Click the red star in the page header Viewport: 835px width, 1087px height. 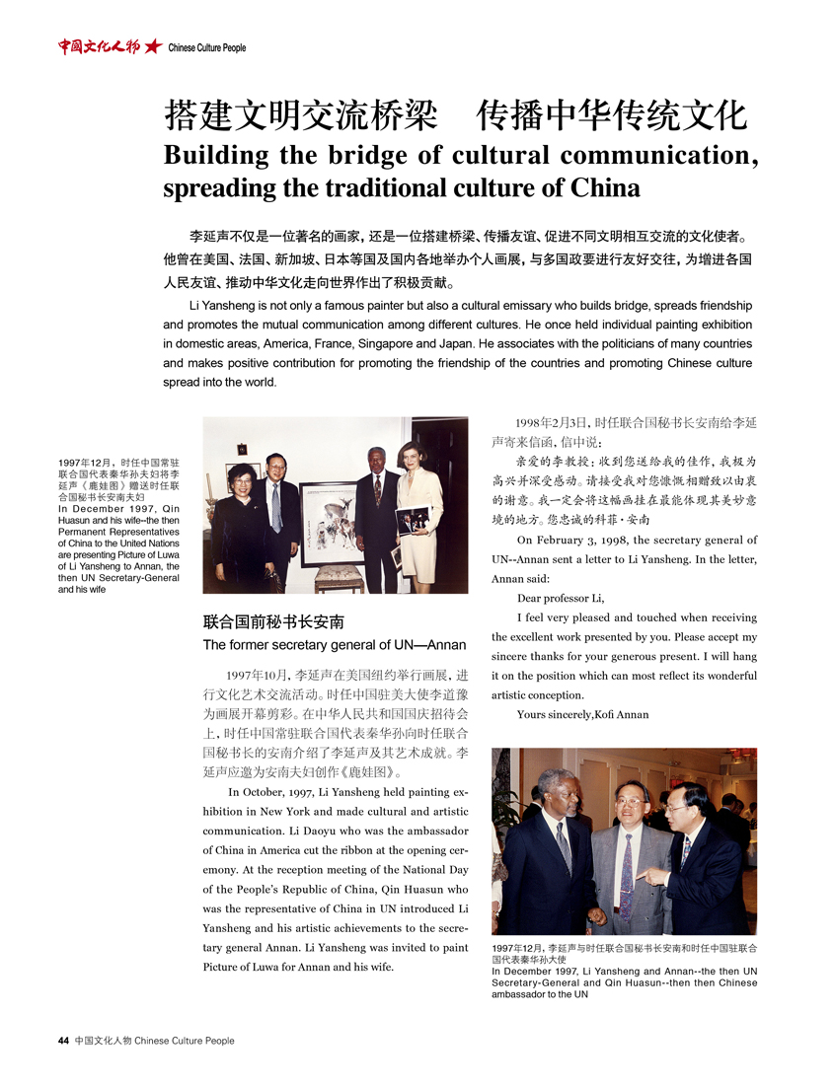153,46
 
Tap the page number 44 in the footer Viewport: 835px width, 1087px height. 63,1041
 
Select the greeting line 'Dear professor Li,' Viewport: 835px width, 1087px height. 560,599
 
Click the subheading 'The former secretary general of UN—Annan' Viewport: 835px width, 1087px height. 334,645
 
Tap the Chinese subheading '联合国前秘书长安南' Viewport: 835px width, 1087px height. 273,622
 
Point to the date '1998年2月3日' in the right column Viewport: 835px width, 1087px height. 555,421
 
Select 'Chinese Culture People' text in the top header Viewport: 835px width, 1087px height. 207,47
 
